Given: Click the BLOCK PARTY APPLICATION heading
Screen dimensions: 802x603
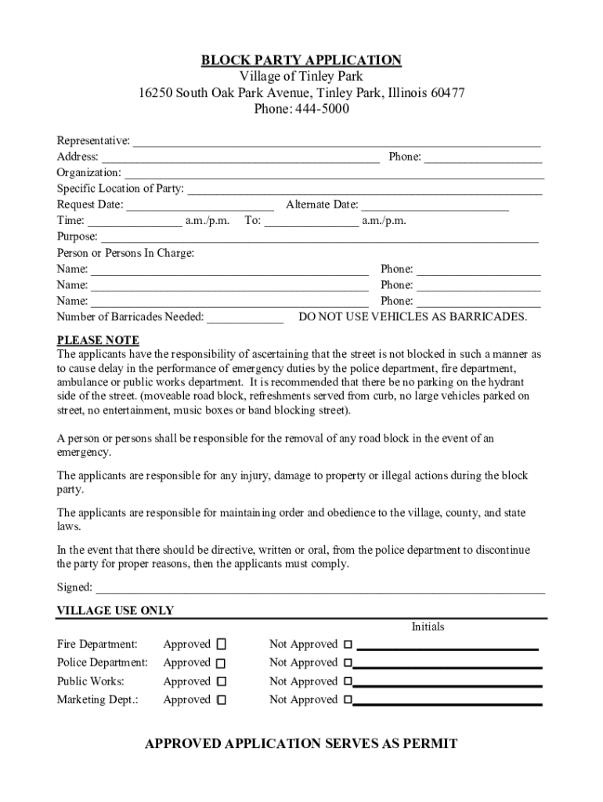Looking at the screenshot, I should click(301, 60).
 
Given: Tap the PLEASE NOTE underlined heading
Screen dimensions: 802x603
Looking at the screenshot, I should click(98, 340).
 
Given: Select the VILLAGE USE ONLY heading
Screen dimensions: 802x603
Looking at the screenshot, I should click(115, 611).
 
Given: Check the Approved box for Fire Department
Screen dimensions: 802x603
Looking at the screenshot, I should click(221, 645).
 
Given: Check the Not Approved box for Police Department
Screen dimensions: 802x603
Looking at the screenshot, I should click(348, 663).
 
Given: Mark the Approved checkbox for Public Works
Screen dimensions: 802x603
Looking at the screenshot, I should click(221, 682).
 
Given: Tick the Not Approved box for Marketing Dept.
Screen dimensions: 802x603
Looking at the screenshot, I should click(348, 700).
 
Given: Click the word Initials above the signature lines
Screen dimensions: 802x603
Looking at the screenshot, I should click(428, 627).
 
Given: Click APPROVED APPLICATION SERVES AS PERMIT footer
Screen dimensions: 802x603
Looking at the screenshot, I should click(301, 744).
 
